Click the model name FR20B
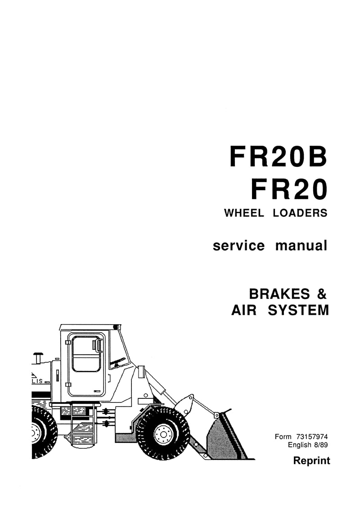pyautogui.click(x=279, y=157)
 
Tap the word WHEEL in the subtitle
pyautogui.click(x=244, y=213)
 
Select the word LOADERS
pyautogui.click(x=300, y=213)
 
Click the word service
pyautogui.click(x=239, y=246)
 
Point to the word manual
pyautogui.click(x=301, y=246)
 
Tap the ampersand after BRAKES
pyautogui.click(x=321, y=294)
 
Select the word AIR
pyautogui.click(x=244, y=310)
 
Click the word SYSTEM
pyautogui.click(x=298, y=310)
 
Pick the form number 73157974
pyautogui.click(x=312, y=437)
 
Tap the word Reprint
pyautogui.click(x=311, y=461)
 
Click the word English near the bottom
pyautogui.click(x=300, y=445)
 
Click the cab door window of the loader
pyautogui.click(x=86, y=354)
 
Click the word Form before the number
pyautogui.click(x=283, y=437)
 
